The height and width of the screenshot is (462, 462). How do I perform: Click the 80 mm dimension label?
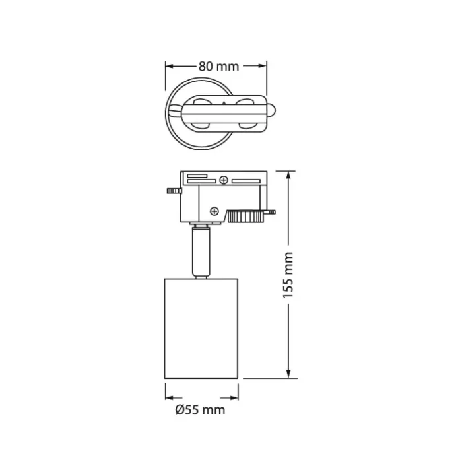point(217,66)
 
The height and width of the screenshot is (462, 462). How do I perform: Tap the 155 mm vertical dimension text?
point(288,275)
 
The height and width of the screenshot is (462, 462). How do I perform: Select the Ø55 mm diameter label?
point(201,410)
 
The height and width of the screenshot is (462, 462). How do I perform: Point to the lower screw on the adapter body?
point(214,211)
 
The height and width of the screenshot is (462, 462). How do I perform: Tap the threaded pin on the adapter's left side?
point(173,192)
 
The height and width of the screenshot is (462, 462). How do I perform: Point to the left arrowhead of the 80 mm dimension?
point(169,66)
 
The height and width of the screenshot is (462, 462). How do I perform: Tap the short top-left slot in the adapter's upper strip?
point(196,176)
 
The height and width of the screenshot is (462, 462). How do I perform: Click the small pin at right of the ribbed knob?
point(270,213)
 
